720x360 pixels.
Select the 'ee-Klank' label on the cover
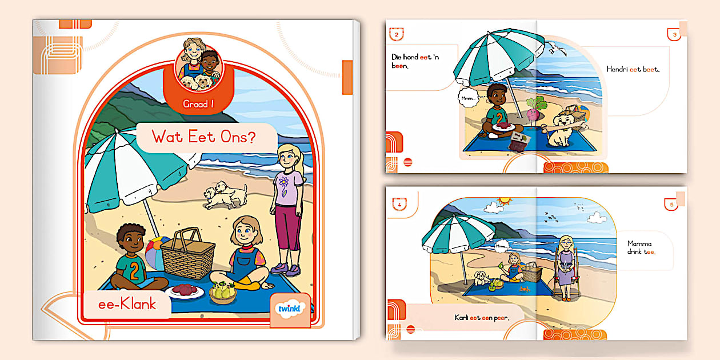click(x=127, y=304)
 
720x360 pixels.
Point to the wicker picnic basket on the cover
click(x=187, y=253)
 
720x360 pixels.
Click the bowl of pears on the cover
click(x=223, y=291)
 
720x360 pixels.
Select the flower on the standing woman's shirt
click(x=283, y=183)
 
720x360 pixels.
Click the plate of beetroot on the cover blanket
click(x=185, y=291)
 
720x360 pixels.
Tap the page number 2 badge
click(x=396, y=35)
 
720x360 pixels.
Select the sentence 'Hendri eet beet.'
click(x=633, y=70)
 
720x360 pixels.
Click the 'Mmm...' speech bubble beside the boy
click(x=468, y=98)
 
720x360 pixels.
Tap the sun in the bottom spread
click(x=505, y=201)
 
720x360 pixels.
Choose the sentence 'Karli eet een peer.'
click(x=481, y=318)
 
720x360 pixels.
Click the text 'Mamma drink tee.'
click(x=643, y=247)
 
